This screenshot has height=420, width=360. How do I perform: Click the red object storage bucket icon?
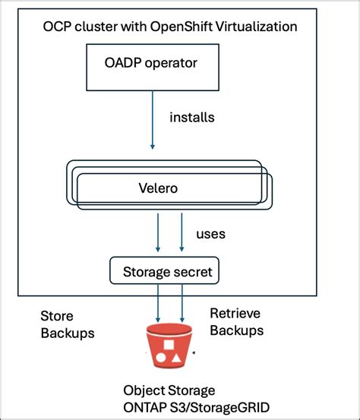[169, 347]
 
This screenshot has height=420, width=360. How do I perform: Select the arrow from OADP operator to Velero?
[152, 128]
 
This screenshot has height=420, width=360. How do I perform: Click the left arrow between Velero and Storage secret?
[158, 232]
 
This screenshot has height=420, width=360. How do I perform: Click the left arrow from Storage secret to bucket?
[158, 305]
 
